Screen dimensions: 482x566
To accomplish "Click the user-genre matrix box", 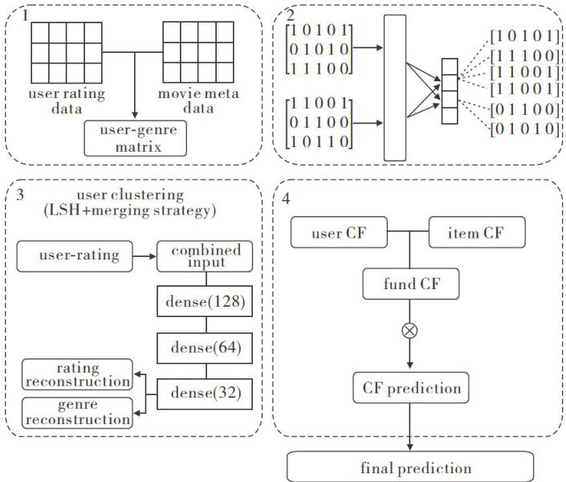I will (x=136, y=137).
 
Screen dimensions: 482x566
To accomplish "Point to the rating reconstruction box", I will (x=78, y=375).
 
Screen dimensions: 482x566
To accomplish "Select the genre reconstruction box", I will (x=78, y=411).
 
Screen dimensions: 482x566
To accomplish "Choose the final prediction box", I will (x=409, y=468).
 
